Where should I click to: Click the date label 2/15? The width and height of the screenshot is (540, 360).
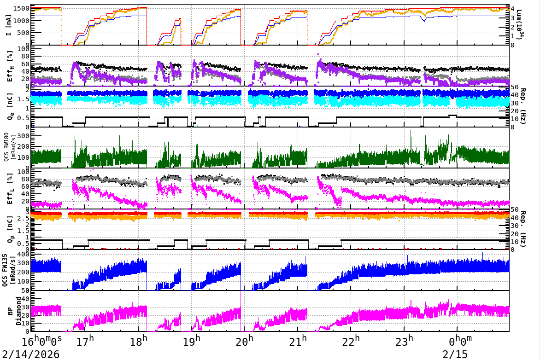click(x=454, y=354)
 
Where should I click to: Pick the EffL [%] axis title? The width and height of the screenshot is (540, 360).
click(x=10, y=189)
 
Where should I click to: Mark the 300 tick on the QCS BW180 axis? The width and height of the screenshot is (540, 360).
click(x=24, y=136)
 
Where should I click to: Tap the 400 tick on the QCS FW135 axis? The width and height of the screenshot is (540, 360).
click(x=24, y=254)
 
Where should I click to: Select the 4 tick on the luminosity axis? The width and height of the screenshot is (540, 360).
click(x=513, y=9)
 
